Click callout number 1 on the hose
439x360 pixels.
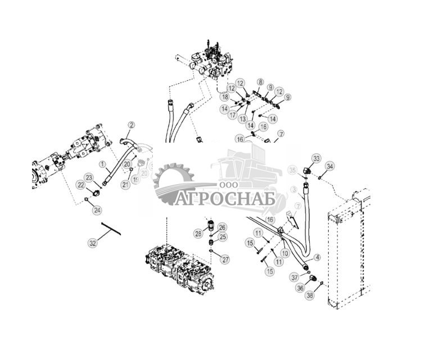tap(102, 164)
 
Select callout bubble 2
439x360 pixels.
tap(132, 125)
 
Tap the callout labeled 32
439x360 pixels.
tap(93, 243)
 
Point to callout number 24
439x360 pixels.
tap(97, 210)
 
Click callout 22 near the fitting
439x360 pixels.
tap(82, 184)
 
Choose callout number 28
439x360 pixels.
tap(198, 233)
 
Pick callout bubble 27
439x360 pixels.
tap(225, 259)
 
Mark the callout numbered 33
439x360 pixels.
tap(316, 159)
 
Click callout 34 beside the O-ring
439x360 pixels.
tap(330, 166)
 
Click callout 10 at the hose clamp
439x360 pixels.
tap(286, 253)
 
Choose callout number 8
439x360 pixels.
tap(260, 83)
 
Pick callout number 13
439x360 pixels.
tap(243, 119)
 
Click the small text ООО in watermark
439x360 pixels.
tap(228, 186)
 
